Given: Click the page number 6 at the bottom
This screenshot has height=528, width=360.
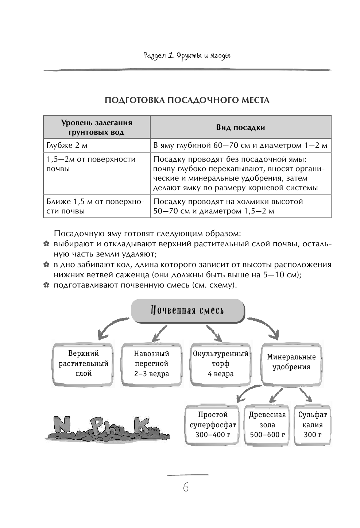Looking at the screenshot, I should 186,487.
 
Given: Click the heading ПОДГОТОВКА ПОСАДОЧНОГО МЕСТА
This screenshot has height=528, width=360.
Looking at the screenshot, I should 187,100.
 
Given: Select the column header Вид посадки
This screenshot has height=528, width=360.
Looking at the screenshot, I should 240,127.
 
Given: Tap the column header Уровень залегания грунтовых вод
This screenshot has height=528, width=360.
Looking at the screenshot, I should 97,127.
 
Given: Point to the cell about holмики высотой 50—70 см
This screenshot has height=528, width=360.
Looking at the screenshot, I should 240,207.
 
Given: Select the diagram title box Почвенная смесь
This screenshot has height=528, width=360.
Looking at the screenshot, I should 187,311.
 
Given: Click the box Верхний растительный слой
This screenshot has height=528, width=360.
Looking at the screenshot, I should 84,364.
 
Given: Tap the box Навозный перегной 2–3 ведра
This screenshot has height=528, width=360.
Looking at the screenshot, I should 151,364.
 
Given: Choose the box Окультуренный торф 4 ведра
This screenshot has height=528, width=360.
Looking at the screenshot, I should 221,364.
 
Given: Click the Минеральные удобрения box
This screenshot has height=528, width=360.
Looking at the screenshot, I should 291,362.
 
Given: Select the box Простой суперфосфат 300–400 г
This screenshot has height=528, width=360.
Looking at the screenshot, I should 213,425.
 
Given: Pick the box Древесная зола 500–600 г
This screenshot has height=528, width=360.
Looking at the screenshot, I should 267,425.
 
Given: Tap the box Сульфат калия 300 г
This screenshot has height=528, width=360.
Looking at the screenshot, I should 312,425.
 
